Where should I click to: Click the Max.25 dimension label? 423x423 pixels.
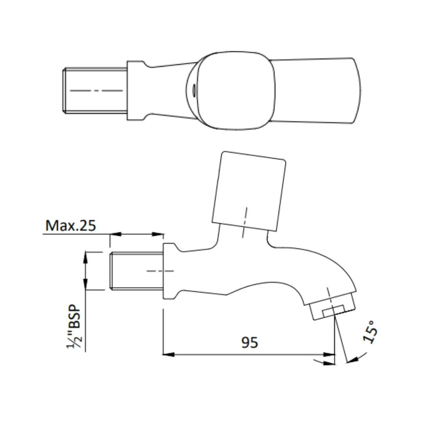coord(70,226)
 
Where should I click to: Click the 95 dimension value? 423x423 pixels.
coord(249,342)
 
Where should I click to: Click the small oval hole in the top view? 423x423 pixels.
coord(193,90)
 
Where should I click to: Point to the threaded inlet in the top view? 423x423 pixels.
coord(95,90)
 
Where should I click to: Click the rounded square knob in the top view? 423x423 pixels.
coord(234,90)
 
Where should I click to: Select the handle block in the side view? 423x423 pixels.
coord(249,191)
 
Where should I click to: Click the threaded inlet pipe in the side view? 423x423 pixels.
coord(136,271)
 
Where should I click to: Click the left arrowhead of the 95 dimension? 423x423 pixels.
coord(168,354)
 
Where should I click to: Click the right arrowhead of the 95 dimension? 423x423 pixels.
coord(331,354)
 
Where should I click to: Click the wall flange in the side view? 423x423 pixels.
coord(169,271)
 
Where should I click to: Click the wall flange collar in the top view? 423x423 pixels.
coord(136,90)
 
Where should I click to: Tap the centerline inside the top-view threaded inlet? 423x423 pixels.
coord(96,90)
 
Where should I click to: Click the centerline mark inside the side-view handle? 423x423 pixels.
coord(244,222)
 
